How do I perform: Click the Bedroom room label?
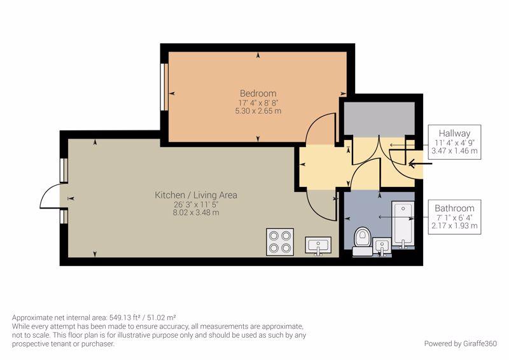pos(258,93)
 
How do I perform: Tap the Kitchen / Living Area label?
pos(196,195)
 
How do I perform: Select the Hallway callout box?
pos(454,142)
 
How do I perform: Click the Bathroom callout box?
pos(454,217)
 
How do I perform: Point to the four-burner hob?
pos(280,242)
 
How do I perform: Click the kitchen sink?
pos(318,246)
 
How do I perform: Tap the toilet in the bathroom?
pos(362,241)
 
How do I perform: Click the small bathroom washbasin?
pos(382,247)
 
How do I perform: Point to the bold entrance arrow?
pos(421,163)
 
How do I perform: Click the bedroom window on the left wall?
pos(164,87)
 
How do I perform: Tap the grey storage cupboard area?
pos(379,118)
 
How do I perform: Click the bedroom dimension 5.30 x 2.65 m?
pos(258,111)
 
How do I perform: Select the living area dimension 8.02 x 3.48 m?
pos(196,213)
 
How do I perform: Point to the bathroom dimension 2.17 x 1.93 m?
pos(454,226)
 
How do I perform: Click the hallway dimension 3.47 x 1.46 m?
pos(454,151)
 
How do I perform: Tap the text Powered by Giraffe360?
pos(460,343)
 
